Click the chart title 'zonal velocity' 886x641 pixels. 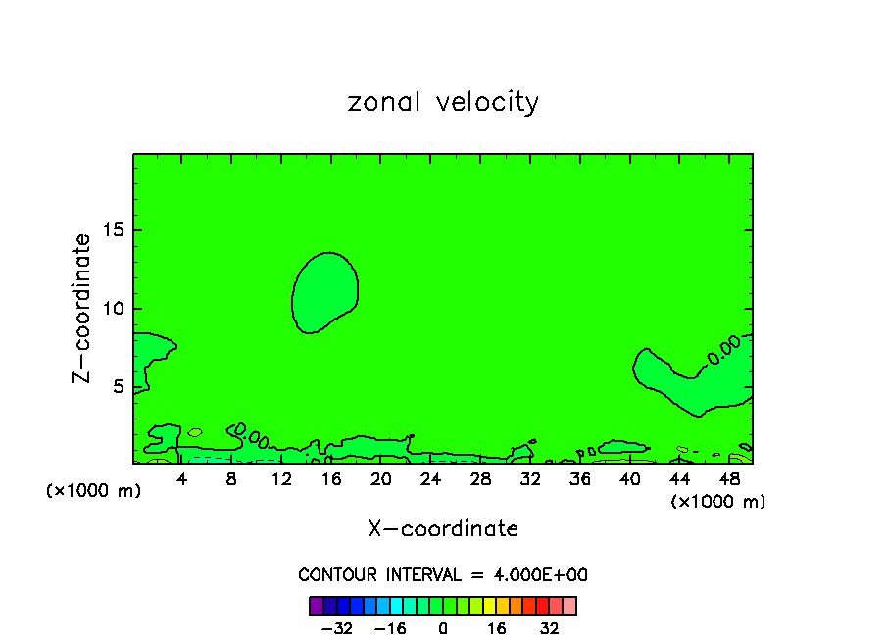click(443, 102)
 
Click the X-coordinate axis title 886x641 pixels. click(443, 529)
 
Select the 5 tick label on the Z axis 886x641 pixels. click(118, 386)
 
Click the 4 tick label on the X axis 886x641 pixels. click(182, 479)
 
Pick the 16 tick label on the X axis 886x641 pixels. click(331, 479)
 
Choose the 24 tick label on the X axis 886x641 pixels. click(430, 479)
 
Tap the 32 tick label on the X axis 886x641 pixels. click(530, 479)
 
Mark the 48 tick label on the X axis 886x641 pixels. click(728, 479)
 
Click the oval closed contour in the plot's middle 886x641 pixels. click(325, 292)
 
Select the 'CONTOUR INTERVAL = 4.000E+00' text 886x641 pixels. click(443, 575)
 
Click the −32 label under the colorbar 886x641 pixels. click(338, 628)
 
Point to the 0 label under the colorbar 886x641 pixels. click(443, 628)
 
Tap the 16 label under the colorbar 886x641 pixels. click(498, 628)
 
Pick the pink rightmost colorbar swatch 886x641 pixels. click(569, 605)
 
